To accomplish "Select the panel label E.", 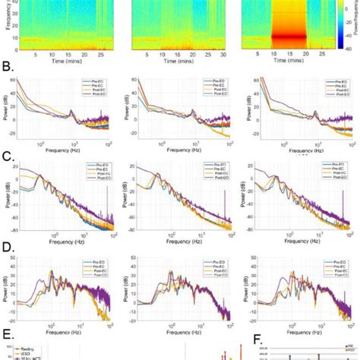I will [7, 332].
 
